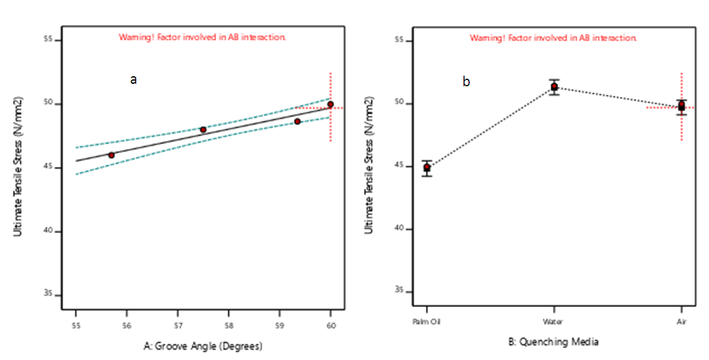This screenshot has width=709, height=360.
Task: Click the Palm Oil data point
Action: (x=427, y=167)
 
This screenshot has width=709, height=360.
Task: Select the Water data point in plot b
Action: (x=554, y=86)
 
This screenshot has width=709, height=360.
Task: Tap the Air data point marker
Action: (x=682, y=106)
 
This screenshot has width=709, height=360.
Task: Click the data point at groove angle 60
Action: (x=330, y=104)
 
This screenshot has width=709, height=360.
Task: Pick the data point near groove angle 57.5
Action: (x=203, y=129)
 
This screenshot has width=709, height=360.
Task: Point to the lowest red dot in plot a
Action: (x=111, y=155)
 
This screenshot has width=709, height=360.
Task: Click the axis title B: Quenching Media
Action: (x=554, y=342)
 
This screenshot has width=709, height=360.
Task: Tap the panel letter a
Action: (x=133, y=79)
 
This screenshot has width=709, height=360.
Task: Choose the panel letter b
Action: (x=466, y=81)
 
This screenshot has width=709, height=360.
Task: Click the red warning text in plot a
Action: (x=202, y=37)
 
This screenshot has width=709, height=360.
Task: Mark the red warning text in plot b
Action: (x=553, y=37)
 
